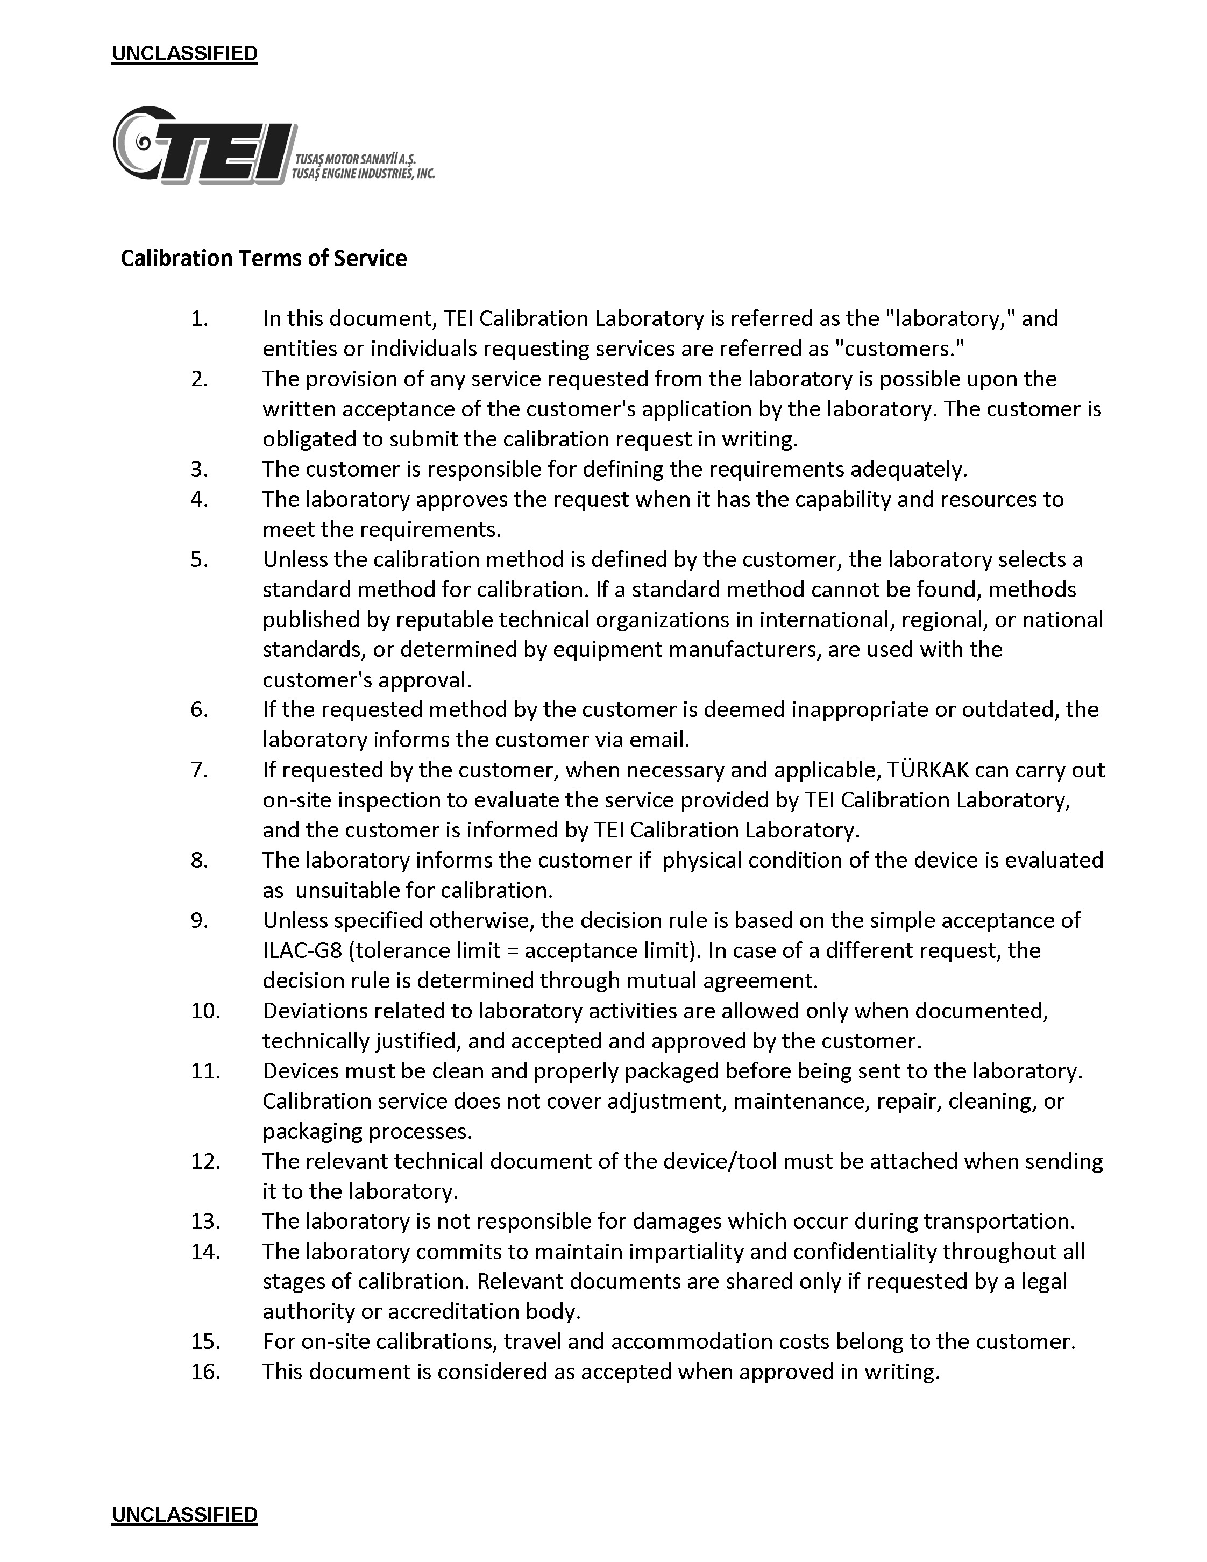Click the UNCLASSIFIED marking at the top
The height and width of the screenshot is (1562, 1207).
point(184,54)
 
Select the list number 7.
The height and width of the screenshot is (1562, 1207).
point(199,770)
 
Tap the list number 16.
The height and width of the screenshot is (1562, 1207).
point(205,1372)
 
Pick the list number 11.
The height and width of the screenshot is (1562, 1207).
point(205,1071)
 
